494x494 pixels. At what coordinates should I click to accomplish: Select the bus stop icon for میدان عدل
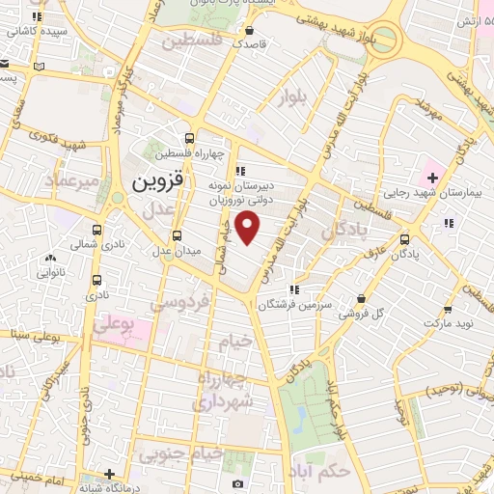pos(177,235)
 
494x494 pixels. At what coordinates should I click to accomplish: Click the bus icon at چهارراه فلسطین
pos(190,138)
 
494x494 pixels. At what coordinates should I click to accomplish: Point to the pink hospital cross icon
pos(432,177)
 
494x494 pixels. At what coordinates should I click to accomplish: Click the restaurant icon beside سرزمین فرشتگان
pos(294,288)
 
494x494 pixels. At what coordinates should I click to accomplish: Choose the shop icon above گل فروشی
pos(361,299)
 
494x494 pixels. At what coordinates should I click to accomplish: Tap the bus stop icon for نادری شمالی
pos(96,230)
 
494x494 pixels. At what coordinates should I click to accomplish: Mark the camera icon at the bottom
pos(237,483)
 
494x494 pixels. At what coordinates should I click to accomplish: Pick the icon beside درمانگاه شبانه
pos(111,474)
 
